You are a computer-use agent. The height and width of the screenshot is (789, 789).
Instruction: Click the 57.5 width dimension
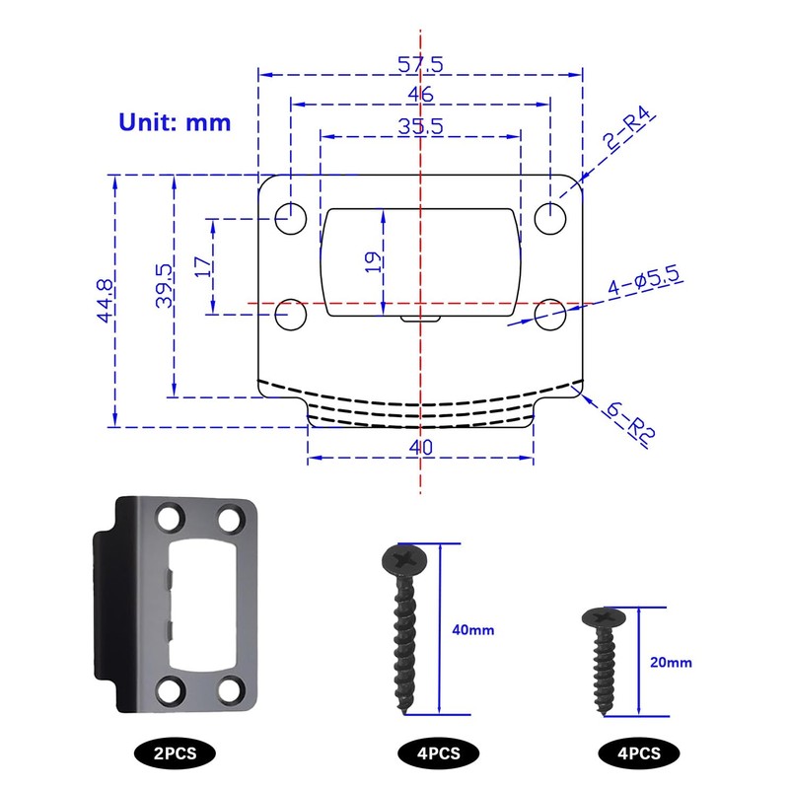[x=421, y=64]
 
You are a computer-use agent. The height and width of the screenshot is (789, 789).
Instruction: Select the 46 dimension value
[x=421, y=95]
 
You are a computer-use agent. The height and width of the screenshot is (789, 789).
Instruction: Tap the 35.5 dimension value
[x=421, y=126]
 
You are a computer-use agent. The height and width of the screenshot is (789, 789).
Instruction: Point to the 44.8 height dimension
[x=104, y=301]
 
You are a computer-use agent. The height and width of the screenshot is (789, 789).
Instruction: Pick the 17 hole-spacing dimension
[x=200, y=267]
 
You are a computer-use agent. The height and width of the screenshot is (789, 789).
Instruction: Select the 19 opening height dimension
[x=373, y=262]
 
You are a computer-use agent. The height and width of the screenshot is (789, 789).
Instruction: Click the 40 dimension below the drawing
[x=421, y=447]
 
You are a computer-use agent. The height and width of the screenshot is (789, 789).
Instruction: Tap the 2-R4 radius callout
[x=628, y=134]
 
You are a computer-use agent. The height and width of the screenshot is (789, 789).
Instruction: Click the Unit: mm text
[x=175, y=122]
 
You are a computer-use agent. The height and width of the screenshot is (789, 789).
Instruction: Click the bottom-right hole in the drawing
[x=550, y=315]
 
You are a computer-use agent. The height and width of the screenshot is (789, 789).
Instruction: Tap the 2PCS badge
[x=175, y=753]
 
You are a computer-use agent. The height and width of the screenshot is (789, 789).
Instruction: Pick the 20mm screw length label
[x=673, y=663]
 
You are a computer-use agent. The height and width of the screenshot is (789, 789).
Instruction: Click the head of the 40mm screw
[x=403, y=559]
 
